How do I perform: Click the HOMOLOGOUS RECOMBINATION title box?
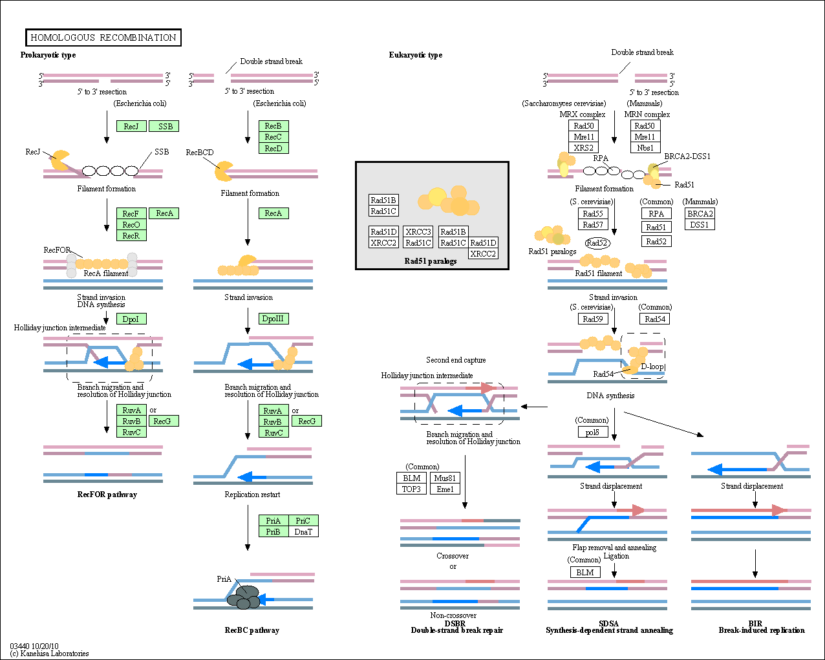(103, 37)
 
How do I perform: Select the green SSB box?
(165, 126)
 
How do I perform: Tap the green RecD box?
(273, 148)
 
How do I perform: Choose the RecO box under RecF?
(131, 224)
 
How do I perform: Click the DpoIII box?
(273, 319)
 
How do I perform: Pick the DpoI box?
(131, 319)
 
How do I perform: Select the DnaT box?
(303, 531)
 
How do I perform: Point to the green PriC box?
(303, 520)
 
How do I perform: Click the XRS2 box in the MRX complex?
(584, 147)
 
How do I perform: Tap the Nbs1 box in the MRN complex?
(645, 147)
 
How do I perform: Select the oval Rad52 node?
(597, 243)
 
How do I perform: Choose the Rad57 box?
(593, 224)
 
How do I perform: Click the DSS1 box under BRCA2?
(700, 224)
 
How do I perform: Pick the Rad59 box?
(593, 319)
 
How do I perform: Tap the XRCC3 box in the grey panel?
(418, 231)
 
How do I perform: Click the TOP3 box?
(412, 489)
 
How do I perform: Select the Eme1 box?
(445, 489)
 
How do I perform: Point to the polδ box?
(592, 432)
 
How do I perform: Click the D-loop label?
(652, 367)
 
